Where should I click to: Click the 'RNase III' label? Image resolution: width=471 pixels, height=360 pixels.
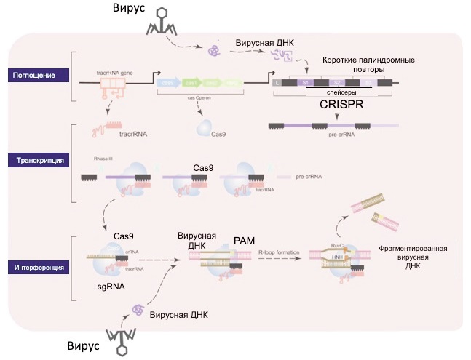[x=101, y=157]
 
